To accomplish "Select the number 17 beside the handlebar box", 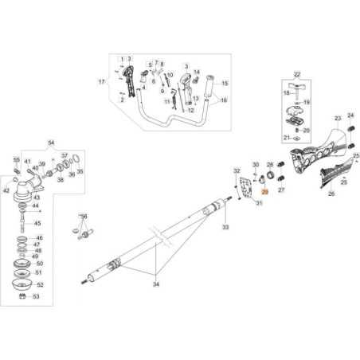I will tap(101, 82).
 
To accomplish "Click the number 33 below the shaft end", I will tap(225, 228).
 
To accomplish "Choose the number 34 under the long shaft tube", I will tap(155, 283).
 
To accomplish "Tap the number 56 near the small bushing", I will tap(84, 217).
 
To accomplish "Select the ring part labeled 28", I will tap(280, 175).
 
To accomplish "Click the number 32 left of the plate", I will tap(236, 171).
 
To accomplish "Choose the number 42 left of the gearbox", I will tap(7, 191).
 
